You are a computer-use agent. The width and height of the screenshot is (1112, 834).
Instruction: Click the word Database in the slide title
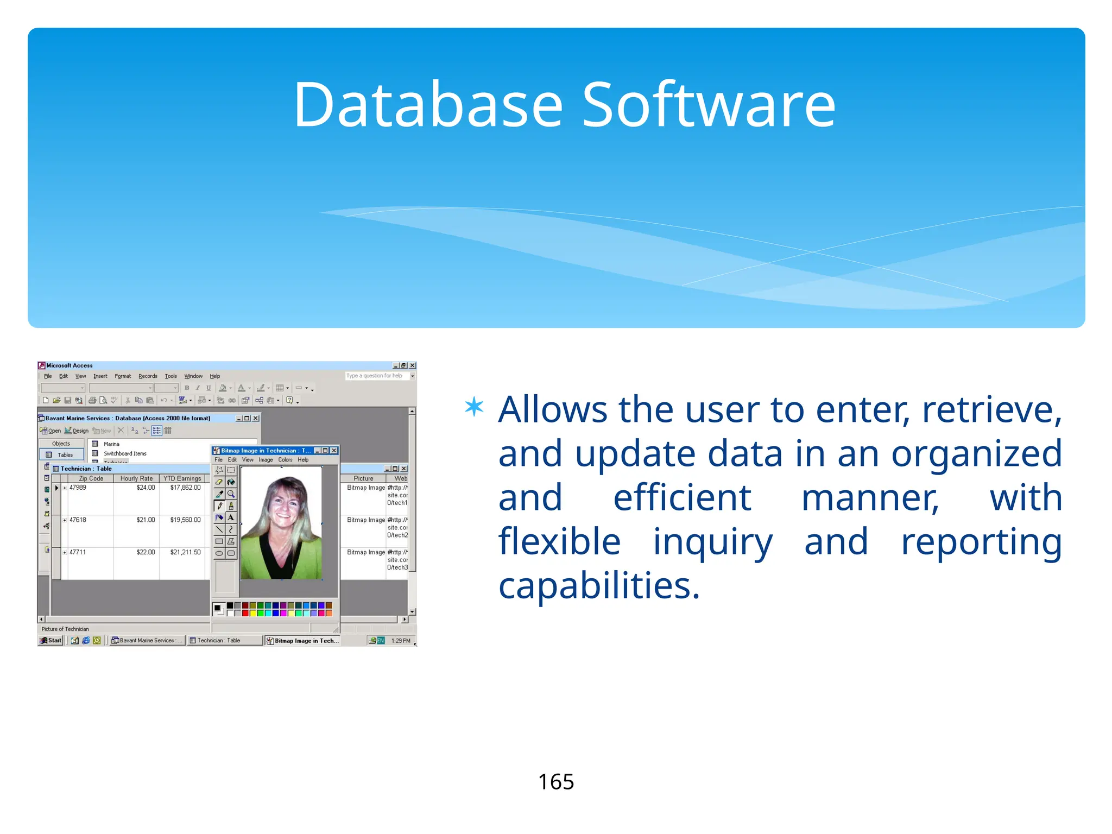point(428,105)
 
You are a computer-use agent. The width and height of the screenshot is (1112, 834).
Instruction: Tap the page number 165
point(555,782)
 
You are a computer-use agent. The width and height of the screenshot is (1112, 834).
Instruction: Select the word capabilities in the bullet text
point(599,586)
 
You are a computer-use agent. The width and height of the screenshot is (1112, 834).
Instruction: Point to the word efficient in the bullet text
point(682,498)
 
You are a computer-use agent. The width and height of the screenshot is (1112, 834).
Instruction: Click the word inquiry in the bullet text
point(712,542)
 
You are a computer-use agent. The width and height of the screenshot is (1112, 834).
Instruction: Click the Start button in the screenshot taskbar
point(51,641)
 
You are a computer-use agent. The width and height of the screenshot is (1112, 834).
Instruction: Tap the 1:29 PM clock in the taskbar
point(401,641)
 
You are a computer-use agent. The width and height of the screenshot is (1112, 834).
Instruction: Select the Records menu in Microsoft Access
point(148,376)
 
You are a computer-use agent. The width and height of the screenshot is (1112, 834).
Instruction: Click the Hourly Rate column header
point(136,478)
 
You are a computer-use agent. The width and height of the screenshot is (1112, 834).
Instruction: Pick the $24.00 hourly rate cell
point(146,488)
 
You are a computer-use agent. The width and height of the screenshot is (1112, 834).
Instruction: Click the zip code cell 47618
point(78,520)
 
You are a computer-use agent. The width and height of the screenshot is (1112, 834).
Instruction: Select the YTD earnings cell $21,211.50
point(185,552)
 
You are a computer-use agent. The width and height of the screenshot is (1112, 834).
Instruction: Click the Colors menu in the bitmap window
point(285,460)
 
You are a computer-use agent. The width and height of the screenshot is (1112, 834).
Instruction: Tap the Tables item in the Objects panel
point(65,455)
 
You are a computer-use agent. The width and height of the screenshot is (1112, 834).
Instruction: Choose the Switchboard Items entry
point(125,453)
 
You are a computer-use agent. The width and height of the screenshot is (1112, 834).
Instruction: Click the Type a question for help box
point(376,376)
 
